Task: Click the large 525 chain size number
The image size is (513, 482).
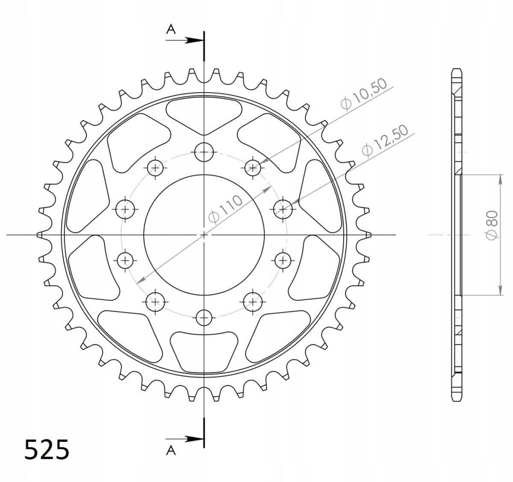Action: [47, 449]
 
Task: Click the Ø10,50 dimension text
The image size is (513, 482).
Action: [364, 94]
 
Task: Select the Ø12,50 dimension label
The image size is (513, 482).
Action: [385, 140]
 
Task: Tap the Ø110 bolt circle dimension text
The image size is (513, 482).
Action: [225, 209]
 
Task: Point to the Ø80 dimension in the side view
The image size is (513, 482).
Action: [492, 225]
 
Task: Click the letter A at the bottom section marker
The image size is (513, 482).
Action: [171, 450]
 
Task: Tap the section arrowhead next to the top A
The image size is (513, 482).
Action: [194, 40]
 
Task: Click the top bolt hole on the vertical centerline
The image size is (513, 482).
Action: [204, 152]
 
